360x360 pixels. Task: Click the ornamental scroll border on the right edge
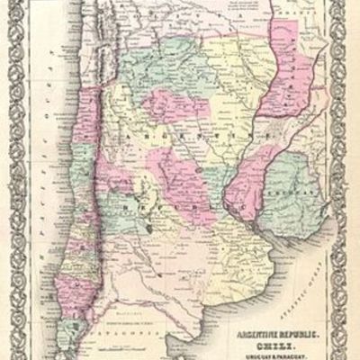(350, 180)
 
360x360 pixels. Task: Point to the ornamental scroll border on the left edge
(9, 180)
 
